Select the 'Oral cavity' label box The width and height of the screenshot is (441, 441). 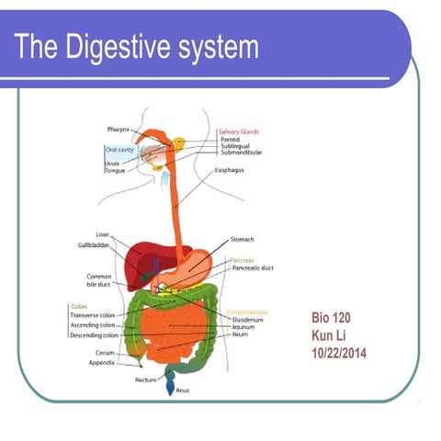[x=122, y=148]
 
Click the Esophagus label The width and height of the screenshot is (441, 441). [x=229, y=170]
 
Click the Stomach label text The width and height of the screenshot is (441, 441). [x=243, y=239]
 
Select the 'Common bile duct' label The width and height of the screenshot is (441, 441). [x=99, y=279]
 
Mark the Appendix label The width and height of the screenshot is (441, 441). [x=100, y=361]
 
